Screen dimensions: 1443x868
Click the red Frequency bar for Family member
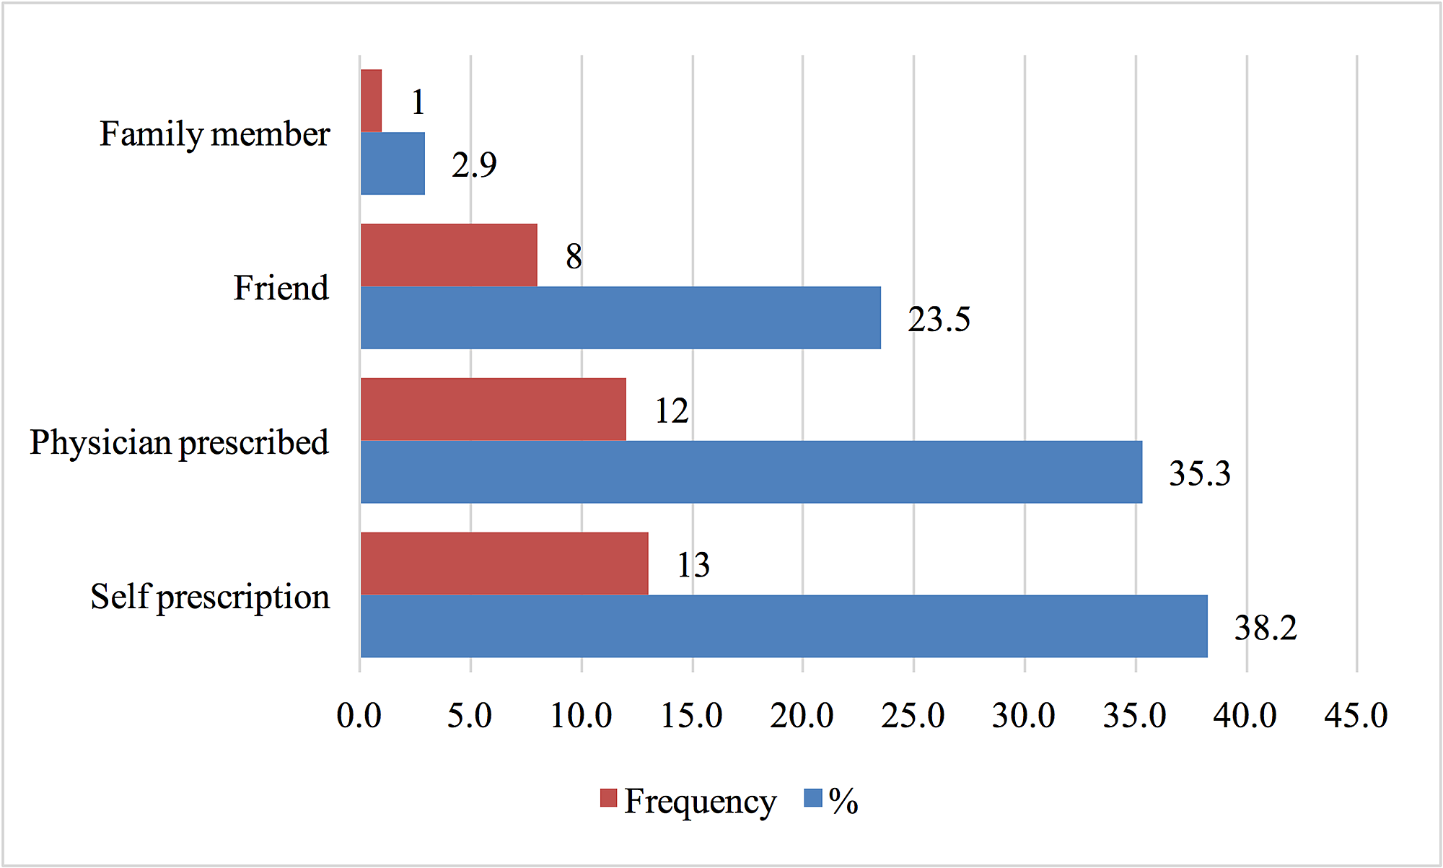coord(371,101)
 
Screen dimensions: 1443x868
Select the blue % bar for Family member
coord(392,163)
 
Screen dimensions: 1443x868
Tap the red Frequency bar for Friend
coord(449,255)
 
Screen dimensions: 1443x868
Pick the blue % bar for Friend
coord(620,317)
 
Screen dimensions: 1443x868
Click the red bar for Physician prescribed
coord(494,410)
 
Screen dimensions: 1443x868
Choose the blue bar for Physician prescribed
coord(751,472)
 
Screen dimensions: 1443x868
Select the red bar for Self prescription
coord(504,564)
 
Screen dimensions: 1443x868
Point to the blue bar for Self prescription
coord(784,626)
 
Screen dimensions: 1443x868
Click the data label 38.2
coord(1266,628)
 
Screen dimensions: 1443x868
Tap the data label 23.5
coord(939,319)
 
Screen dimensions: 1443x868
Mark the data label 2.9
coord(474,165)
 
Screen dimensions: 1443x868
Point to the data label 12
coord(672,411)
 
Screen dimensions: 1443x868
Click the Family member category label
coord(214,134)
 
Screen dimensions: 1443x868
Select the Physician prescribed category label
coord(179,443)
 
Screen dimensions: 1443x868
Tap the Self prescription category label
coord(210,597)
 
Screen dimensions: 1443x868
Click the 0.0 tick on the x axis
coord(359,716)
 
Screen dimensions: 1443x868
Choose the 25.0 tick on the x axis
coord(913,716)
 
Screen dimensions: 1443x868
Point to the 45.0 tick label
coord(1356,716)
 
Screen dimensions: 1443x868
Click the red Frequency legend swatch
coord(609,798)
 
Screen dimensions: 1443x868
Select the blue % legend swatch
coord(813,798)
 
